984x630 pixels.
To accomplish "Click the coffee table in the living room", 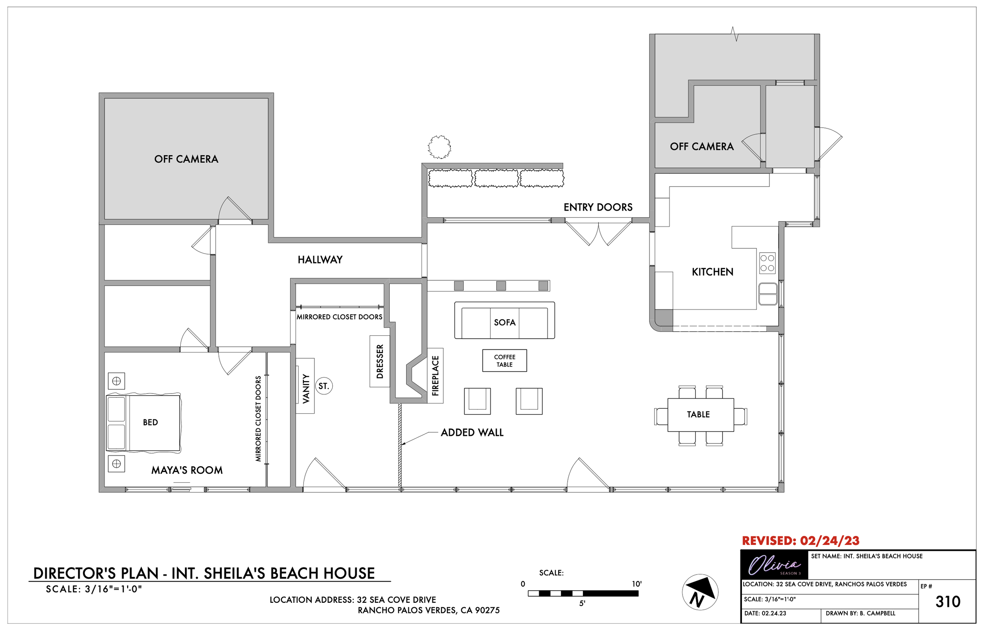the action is click(505, 360).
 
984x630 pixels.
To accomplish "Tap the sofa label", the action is click(505, 322).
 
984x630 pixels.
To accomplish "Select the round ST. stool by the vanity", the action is click(324, 386).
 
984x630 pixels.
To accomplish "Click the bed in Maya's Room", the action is click(144, 422).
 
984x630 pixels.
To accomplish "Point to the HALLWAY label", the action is click(320, 260).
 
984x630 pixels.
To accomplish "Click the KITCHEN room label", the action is click(712, 272).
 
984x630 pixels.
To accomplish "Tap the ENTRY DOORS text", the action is click(598, 208).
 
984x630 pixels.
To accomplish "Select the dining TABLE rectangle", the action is click(701, 415).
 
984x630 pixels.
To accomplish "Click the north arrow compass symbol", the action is click(700, 592).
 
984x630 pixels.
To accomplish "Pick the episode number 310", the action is click(948, 602).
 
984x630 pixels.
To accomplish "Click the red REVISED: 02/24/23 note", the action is click(801, 541).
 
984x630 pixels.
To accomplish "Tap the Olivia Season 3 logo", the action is click(774, 565).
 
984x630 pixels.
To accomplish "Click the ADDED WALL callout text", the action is click(472, 433).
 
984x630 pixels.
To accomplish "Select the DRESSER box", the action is click(380, 361).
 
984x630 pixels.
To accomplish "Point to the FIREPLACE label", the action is click(435, 376).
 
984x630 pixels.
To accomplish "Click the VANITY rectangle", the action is click(305, 386).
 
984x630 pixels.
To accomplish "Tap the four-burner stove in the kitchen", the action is click(768, 263).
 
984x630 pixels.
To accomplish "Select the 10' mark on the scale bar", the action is click(636, 584).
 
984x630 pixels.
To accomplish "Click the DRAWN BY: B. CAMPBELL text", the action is click(860, 613).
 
